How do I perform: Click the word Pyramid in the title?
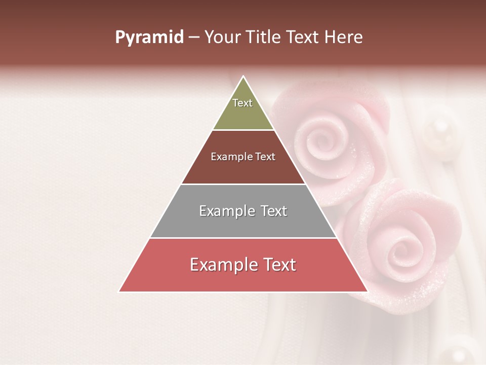tap(149, 38)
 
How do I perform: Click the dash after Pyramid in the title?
tap(193, 38)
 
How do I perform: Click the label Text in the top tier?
tap(242, 103)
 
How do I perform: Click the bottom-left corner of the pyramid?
tap(119, 291)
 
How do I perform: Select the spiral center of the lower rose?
tap(404, 248)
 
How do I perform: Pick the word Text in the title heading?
tap(305, 38)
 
